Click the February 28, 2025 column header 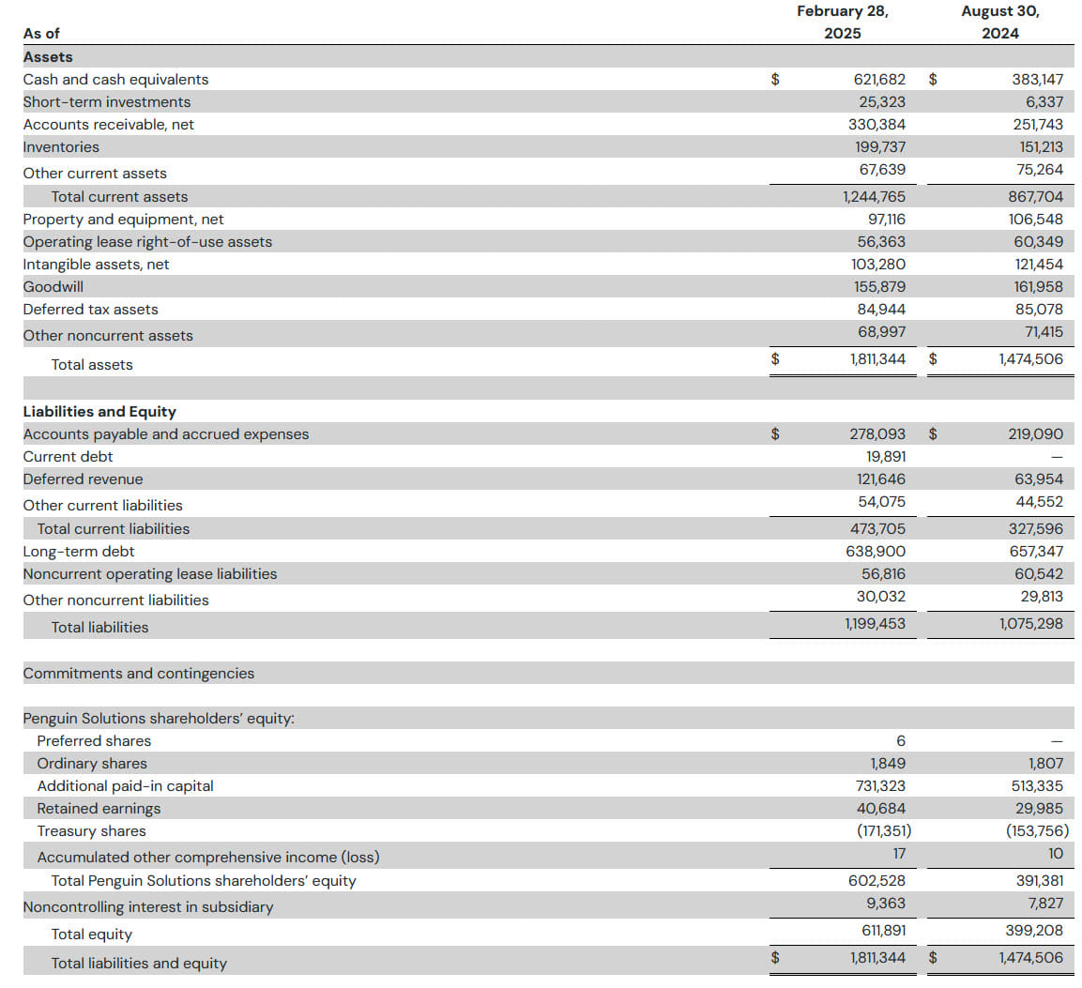(843, 23)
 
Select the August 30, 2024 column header (999, 23)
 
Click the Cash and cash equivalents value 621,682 (879, 80)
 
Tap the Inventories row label (61, 147)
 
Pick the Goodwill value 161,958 (1039, 286)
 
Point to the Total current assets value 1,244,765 (874, 197)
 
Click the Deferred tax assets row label (90, 309)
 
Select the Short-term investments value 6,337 (1044, 102)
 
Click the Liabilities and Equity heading (99, 411)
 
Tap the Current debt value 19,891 (886, 457)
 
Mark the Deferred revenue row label (83, 479)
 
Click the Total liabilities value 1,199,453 (875, 624)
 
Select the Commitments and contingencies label (139, 674)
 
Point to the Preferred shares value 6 (901, 741)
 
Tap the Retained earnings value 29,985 (1039, 809)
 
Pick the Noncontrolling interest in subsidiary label (148, 906)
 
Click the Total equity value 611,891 (883, 931)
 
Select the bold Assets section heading (48, 56)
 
